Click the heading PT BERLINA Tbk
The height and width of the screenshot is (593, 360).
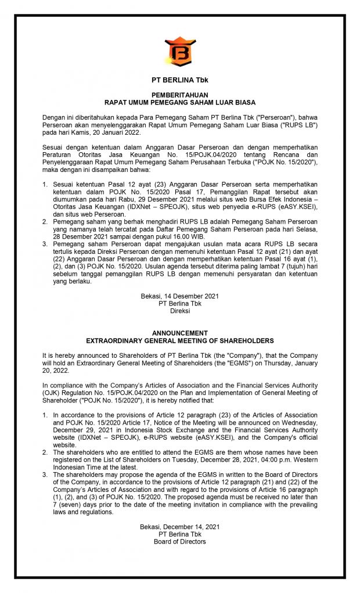(180, 80)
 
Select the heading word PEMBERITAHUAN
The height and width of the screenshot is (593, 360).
(180, 94)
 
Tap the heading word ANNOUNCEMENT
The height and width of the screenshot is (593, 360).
(180, 333)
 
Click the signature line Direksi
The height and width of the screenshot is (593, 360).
(180, 311)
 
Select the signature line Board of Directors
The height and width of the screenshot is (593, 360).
(180, 541)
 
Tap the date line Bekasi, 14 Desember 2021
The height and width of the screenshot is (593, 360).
(180, 296)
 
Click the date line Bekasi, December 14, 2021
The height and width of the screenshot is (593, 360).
(180, 527)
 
